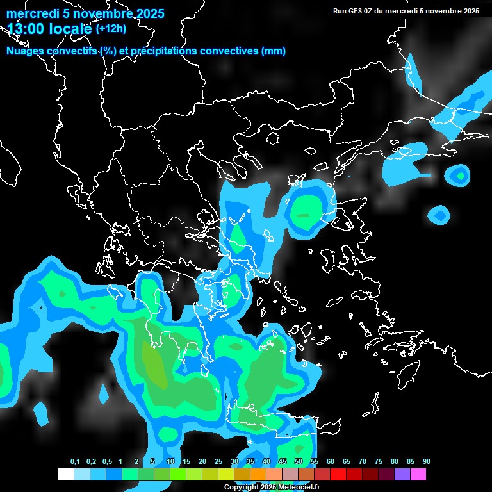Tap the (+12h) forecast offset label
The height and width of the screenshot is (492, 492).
111,28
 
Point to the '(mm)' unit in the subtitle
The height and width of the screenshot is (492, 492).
274,51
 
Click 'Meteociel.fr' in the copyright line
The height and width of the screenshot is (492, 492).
299,488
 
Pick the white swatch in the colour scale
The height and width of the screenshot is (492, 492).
65,475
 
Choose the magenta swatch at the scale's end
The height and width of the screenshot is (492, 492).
418,475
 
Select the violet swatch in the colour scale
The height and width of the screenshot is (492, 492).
402,475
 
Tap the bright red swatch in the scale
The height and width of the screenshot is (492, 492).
338,475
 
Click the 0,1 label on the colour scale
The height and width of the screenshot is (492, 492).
75,462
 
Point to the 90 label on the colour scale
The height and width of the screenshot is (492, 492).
427,462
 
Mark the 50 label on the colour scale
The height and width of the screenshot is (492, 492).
299,462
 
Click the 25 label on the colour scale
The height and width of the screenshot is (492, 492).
218,462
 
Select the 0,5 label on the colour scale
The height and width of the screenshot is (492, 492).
107,462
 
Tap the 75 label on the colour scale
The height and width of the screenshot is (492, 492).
379,462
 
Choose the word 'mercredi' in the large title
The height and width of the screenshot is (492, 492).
29,14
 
